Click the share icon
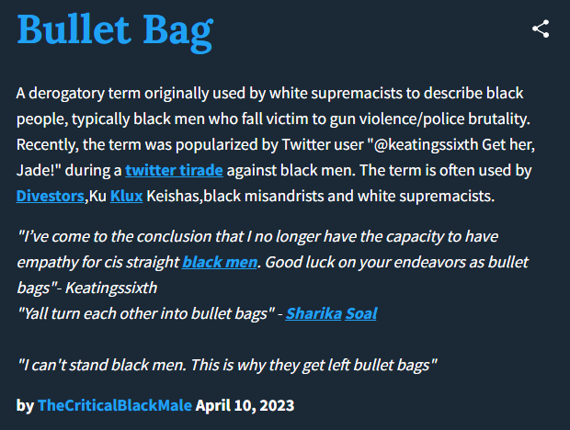pyautogui.click(x=541, y=29)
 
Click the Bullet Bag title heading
pyautogui.click(x=115, y=31)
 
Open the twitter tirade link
pyautogui.click(x=174, y=170)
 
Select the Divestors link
pyautogui.click(x=51, y=196)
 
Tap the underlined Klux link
pyautogui.click(x=126, y=196)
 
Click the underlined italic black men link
pyautogui.click(x=220, y=262)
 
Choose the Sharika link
pyautogui.click(x=313, y=313)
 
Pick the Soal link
pyautogui.click(x=361, y=313)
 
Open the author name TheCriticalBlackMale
pyautogui.click(x=115, y=405)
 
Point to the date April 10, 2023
pyautogui.click(x=245, y=405)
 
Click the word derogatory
pyautogui.click(x=66, y=94)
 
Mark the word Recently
pyautogui.click(x=47, y=145)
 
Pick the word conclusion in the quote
pyautogui.click(x=174, y=236)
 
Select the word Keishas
pyautogui.click(x=173, y=196)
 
